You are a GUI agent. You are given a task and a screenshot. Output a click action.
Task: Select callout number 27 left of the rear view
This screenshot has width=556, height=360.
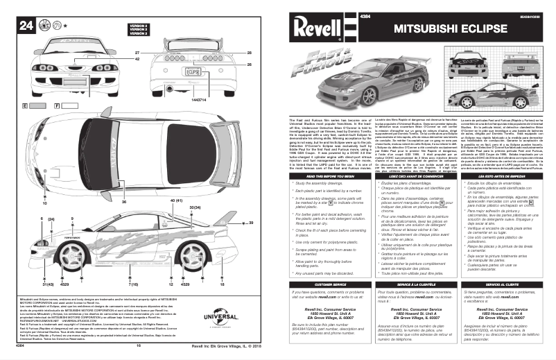pyautogui.click(x=137, y=53)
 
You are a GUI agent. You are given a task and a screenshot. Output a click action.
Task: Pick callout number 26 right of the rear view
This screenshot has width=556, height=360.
pyautogui.click(x=248, y=65)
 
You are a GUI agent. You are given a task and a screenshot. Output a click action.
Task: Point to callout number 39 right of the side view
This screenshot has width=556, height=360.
pyautogui.click(x=251, y=223)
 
